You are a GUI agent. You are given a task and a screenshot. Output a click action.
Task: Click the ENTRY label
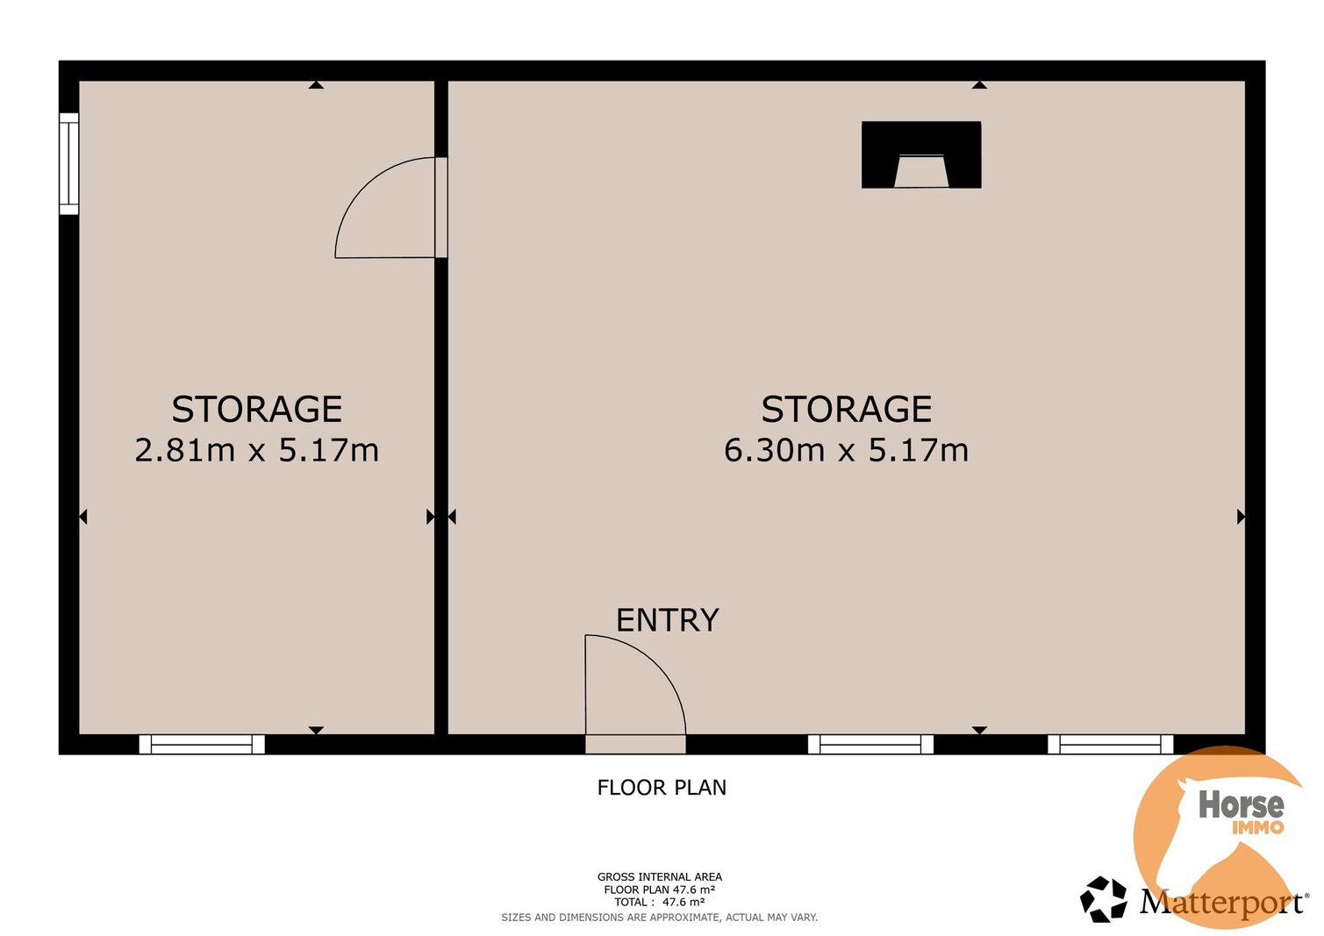coord(668,620)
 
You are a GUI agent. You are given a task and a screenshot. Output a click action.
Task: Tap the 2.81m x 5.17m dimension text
coord(256,450)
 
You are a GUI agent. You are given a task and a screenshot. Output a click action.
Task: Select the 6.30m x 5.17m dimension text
coord(847,450)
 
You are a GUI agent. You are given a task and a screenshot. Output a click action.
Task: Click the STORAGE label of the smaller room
coord(257,409)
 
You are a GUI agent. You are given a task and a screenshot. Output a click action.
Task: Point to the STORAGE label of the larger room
coord(847,409)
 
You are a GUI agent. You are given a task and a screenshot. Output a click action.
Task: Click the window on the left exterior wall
coord(68,164)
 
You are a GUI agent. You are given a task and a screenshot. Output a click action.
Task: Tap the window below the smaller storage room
coord(202,745)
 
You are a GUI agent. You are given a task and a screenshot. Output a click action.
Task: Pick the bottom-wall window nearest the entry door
coord(870,745)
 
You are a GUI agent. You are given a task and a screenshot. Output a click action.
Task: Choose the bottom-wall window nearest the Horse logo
coord(1111,745)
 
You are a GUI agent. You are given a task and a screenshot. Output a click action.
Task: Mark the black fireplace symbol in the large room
coord(921,154)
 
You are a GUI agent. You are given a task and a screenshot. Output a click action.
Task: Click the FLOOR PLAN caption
coord(662,788)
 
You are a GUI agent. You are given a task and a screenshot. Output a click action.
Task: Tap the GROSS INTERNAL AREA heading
coord(660,877)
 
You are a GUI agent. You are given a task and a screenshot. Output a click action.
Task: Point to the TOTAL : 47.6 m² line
coord(660,903)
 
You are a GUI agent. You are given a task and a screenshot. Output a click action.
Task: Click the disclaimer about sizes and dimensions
coord(660,918)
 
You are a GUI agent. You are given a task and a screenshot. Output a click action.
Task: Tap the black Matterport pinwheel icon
coord(1104,899)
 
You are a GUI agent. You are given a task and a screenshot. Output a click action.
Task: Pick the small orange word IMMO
coord(1258,827)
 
